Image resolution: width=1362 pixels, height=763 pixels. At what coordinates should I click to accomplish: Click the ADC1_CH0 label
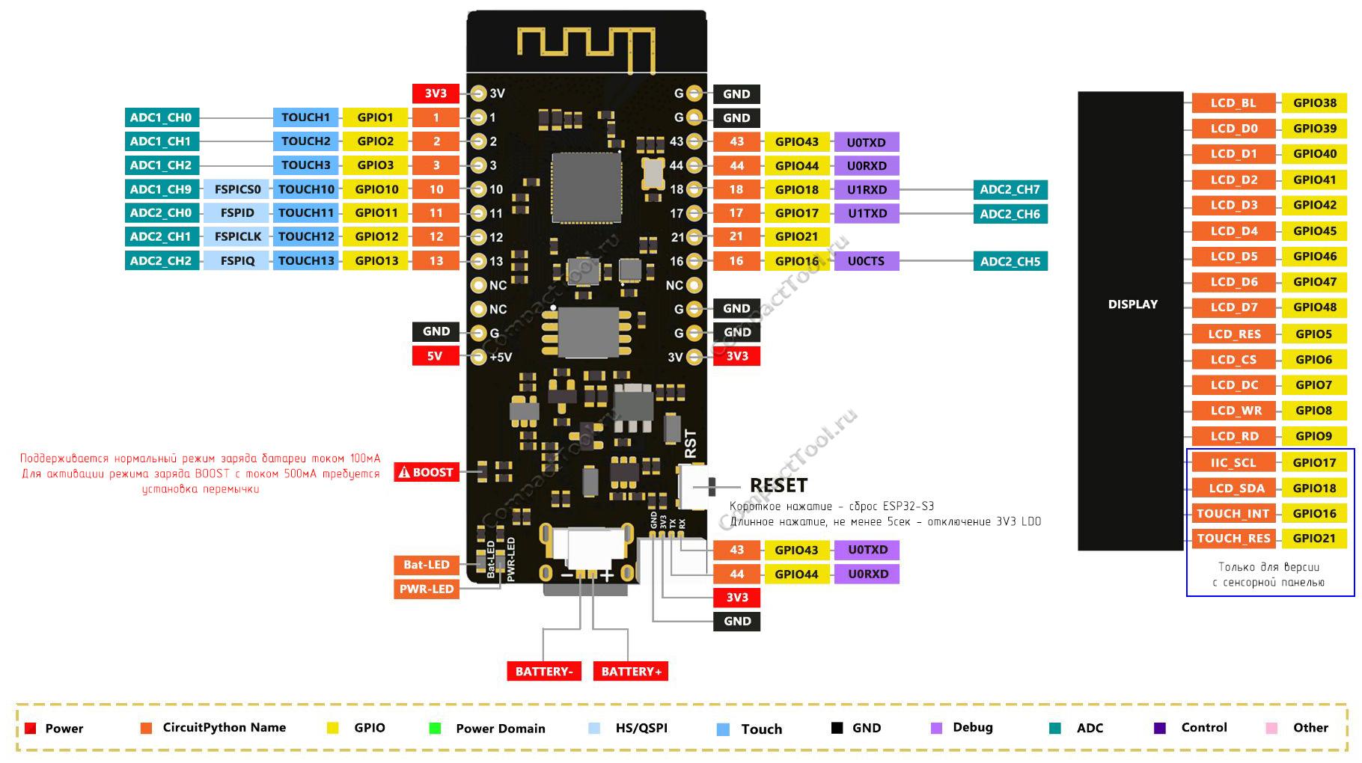click(x=161, y=117)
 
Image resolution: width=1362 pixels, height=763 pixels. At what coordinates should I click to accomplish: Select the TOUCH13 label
click(x=305, y=261)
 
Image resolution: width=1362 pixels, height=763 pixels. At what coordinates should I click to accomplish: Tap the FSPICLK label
click(x=237, y=237)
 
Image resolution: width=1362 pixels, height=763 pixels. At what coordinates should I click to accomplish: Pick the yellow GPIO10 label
click(x=376, y=189)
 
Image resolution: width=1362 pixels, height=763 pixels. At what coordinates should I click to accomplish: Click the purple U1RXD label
click(x=867, y=190)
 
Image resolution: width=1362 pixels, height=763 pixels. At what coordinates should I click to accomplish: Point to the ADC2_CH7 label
click(x=1010, y=190)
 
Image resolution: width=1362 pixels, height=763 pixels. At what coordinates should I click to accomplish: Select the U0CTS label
click(x=866, y=261)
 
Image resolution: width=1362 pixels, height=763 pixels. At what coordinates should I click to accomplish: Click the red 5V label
click(x=435, y=356)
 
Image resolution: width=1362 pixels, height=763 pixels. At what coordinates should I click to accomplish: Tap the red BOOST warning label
click(x=426, y=472)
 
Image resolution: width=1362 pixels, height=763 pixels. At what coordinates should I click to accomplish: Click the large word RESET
click(x=778, y=485)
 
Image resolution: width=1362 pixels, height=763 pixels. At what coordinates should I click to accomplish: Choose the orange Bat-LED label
click(x=426, y=565)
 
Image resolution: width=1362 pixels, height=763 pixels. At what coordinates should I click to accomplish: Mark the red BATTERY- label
click(x=543, y=671)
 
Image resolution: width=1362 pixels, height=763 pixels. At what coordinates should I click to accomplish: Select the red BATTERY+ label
click(x=631, y=671)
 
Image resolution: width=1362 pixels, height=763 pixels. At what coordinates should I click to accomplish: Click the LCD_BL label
click(x=1233, y=103)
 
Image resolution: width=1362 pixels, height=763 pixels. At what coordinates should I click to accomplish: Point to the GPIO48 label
click(x=1314, y=307)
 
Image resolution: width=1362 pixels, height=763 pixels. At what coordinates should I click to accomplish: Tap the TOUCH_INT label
click(x=1233, y=514)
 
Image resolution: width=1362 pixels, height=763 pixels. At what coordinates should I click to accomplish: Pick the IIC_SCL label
click(x=1233, y=463)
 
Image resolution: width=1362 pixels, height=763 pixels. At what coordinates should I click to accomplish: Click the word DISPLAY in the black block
click(x=1132, y=304)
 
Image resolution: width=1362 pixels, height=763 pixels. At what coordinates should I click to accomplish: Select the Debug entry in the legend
click(x=972, y=727)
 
